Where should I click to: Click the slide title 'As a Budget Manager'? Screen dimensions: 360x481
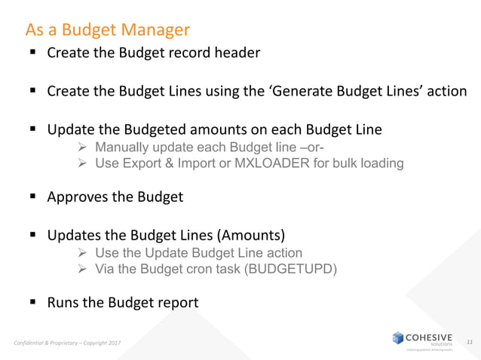107,30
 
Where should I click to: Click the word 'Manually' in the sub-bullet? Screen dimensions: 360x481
122,147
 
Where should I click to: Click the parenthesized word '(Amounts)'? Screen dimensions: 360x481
249,235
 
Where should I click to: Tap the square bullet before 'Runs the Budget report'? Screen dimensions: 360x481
32,303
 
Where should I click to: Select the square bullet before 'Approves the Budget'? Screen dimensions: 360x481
32,197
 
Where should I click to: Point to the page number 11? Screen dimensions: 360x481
469,343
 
